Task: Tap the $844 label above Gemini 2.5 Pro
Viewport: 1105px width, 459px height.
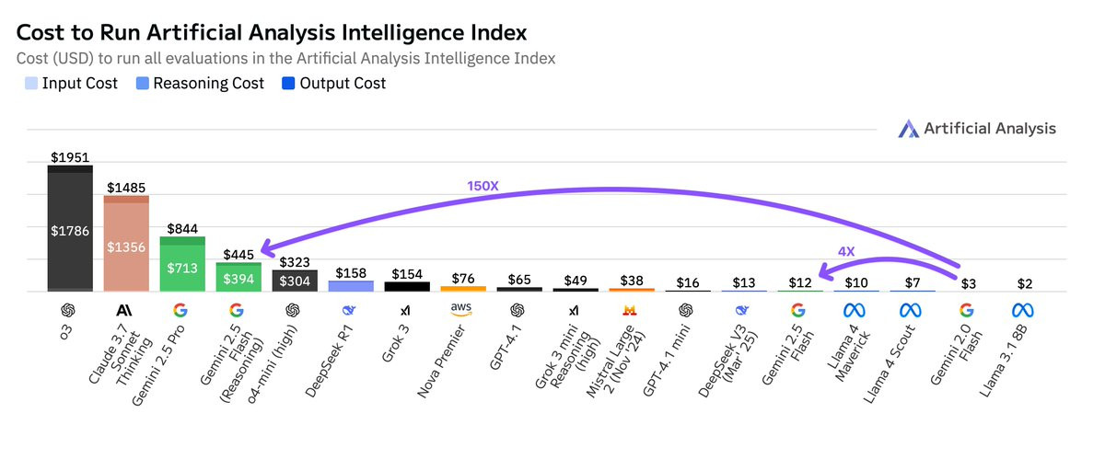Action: click(182, 227)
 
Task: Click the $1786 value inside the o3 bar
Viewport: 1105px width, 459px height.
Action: click(70, 231)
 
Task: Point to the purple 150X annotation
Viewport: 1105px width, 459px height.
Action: click(483, 185)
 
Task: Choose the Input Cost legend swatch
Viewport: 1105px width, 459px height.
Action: click(31, 84)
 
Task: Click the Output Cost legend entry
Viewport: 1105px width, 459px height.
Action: click(334, 84)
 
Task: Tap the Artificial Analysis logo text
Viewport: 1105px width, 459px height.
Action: click(989, 129)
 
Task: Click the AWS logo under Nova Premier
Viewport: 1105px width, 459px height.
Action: click(463, 308)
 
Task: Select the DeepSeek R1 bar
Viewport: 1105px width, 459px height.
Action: click(351, 285)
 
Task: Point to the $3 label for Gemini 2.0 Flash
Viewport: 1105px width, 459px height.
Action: click(967, 283)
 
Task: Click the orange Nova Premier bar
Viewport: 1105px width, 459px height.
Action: click(463, 288)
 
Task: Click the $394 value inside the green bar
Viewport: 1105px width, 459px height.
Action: click(238, 277)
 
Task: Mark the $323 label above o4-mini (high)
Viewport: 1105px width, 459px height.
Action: click(295, 262)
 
